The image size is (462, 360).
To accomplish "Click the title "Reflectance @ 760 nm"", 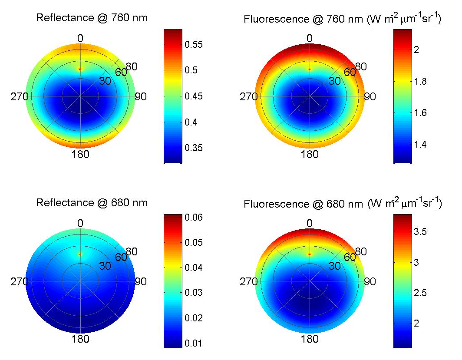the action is (92, 18).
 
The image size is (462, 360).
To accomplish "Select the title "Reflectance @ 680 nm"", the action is (92, 203).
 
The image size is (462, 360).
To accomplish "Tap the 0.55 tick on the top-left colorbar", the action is (194, 44).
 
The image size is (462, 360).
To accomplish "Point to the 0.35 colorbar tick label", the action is (194, 148).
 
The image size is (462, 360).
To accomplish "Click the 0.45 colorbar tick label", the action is (194, 96).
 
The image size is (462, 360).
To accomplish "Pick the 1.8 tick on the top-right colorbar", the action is (420, 81).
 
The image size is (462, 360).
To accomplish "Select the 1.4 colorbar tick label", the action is (420, 144).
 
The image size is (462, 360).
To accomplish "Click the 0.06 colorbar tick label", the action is (194, 218).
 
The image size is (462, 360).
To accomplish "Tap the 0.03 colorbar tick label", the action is (194, 293).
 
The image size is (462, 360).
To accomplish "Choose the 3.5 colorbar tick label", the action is (420, 231).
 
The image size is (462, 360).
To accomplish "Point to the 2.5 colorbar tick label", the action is (420, 293).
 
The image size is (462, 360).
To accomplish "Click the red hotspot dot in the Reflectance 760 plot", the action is (80, 69).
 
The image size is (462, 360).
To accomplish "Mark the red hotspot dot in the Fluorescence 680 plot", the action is (309, 254).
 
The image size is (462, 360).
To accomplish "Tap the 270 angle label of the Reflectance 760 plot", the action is (20, 97).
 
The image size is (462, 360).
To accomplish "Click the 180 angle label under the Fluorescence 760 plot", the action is (309, 154).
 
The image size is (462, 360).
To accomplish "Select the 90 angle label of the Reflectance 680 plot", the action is (141, 282).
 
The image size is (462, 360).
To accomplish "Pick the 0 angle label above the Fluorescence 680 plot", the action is (309, 224).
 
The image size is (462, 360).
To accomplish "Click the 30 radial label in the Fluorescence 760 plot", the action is (334, 81).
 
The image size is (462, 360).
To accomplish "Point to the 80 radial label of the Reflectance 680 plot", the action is (132, 251).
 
